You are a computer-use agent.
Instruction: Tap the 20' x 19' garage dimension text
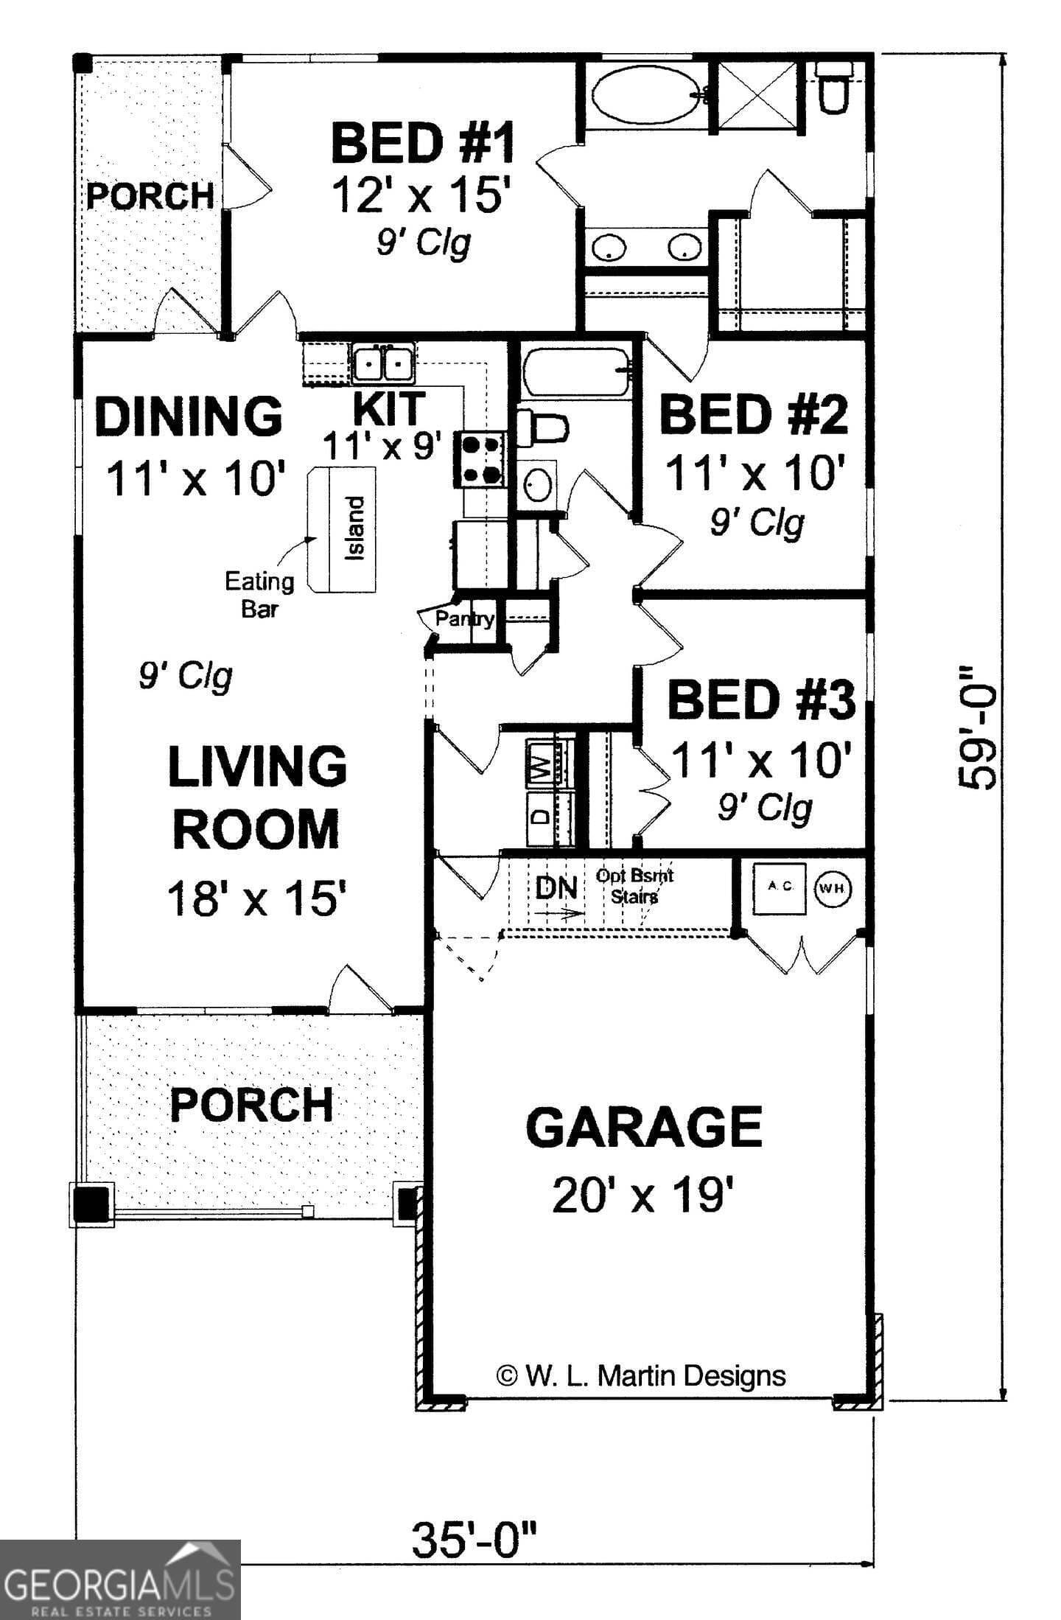pyautogui.click(x=643, y=1195)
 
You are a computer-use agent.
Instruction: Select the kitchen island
pyautogui.click(x=344, y=529)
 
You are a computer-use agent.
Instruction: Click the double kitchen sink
pyautogui.click(x=382, y=363)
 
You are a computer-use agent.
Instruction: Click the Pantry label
pyautogui.click(x=464, y=618)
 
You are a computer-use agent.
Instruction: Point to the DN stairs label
pyautogui.click(x=556, y=887)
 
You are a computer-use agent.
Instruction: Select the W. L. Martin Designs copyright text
pyautogui.click(x=641, y=1375)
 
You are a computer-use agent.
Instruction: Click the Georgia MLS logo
pyautogui.click(x=120, y=1580)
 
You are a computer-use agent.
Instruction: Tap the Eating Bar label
pyautogui.click(x=259, y=594)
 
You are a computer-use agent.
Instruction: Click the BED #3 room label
pyautogui.click(x=761, y=700)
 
